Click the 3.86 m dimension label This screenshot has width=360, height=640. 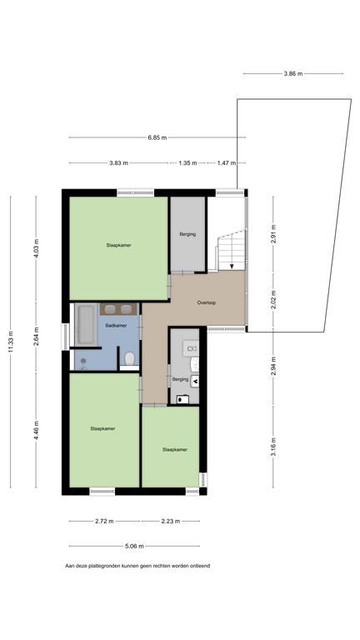coord(293,74)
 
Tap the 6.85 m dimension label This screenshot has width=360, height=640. coord(157,137)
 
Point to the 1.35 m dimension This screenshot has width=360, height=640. coord(187,162)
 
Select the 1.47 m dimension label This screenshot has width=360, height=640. coord(227,162)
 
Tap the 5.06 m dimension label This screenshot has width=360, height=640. coord(134,546)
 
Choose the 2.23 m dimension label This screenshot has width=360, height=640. coord(170,521)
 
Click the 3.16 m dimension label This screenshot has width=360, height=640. coord(274,447)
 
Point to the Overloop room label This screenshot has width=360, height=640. coord(206,302)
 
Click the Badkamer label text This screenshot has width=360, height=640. coord(116,326)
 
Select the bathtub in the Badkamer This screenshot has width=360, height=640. coord(85,324)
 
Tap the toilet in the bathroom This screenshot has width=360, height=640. coord(130,361)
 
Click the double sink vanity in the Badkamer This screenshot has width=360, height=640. coord(118,309)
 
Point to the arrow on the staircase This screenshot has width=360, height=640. coord(232,267)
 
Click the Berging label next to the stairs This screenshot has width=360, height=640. coord(187,234)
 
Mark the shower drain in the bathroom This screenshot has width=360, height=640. coord(83,361)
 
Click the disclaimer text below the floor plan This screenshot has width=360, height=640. coord(137,566)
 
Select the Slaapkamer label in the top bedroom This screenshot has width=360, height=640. coord(119,245)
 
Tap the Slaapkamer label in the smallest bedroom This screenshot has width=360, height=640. coord(175,449)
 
